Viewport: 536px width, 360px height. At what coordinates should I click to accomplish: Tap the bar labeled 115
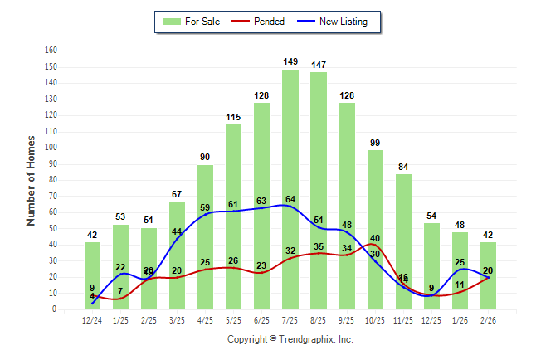tap(234, 216)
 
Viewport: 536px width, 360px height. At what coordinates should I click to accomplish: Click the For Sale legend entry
tap(192, 22)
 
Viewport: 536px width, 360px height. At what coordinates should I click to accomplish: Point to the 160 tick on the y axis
tap(51, 51)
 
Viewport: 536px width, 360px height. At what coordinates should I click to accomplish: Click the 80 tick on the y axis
tap(52, 180)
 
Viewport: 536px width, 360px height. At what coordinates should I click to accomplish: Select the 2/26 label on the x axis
tap(489, 319)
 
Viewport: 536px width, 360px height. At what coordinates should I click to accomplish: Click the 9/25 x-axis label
tap(347, 319)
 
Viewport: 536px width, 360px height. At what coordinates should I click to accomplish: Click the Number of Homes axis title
tap(31, 180)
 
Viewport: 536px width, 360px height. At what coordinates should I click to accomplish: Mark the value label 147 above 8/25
tap(319, 64)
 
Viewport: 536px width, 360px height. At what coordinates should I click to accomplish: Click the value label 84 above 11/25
tap(404, 166)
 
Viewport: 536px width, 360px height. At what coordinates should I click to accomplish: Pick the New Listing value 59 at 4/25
tap(206, 207)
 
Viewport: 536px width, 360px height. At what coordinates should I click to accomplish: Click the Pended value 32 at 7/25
tap(290, 251)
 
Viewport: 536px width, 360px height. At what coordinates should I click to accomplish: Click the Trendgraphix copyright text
tap(290, 339)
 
